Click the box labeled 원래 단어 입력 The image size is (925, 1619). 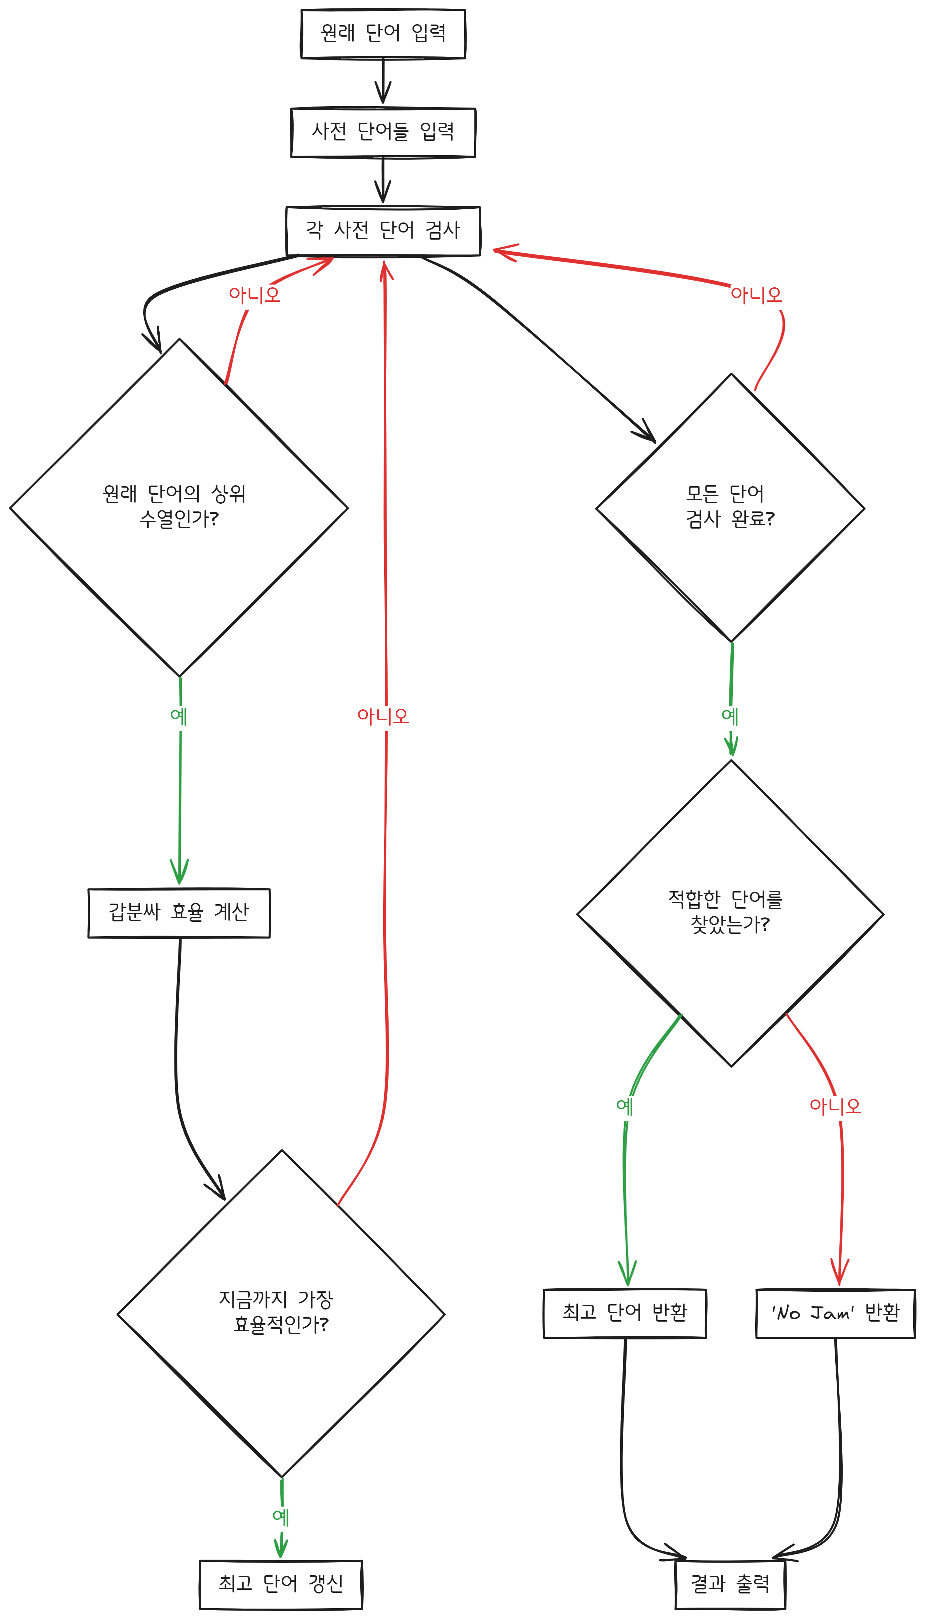point(383,34)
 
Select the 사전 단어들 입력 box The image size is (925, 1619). point(383,132)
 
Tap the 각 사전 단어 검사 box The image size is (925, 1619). point(383,231)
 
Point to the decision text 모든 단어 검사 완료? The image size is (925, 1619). point(729,506)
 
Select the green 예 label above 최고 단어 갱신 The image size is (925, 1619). point(281,1518)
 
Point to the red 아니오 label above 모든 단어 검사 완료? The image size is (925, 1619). point(756,294)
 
